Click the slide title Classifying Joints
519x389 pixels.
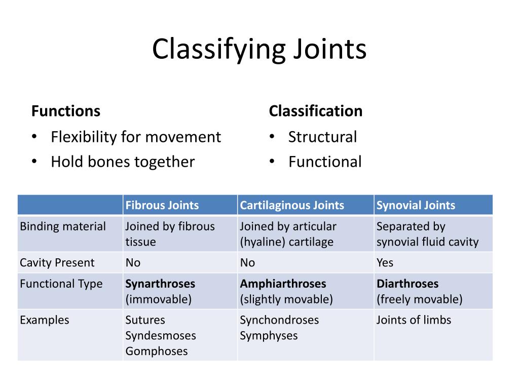pyautogui.click(x=259, y=50)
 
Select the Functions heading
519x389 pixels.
pyautogui.click(x=66, y=111)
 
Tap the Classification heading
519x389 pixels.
pyautogui.click(x=316, y=111)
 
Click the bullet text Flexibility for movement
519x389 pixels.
pyautogui.click(x=136, y=137)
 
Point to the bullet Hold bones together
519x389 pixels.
pyautogui.click(x=123, y=162)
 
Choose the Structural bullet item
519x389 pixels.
pyautogui.click(x=322, y=137)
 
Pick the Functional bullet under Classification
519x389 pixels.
pyautogui.click(x=325, y=162)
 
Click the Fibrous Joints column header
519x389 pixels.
pyautogui.click(x=162, y=205)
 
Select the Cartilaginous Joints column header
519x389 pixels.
pyautogui.click(x=292, y=205)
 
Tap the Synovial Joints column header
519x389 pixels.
pyautogui.click(x=416, y=205)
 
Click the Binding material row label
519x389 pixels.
pyautogui.click(x=63, y=226)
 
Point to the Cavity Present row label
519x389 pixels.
pyautogui.click(x=57, y=262)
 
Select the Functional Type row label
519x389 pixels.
pyautogui.click(x=61, y=284)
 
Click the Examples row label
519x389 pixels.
pyautogui.click(x=44, y=320)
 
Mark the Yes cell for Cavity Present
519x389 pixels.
pyautogui.click(x=385, y=262)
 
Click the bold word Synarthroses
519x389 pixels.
pyautogui.click(x=160, y=284)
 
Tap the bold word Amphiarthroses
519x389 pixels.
pyautogui.click(x=283, y=284)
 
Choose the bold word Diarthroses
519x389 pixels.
pyautogui.click(x=407, y=284)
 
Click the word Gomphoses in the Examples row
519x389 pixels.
pyautogui.click(x=157, y=352)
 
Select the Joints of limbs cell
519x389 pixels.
pyautogui.click(x=414, y=320)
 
